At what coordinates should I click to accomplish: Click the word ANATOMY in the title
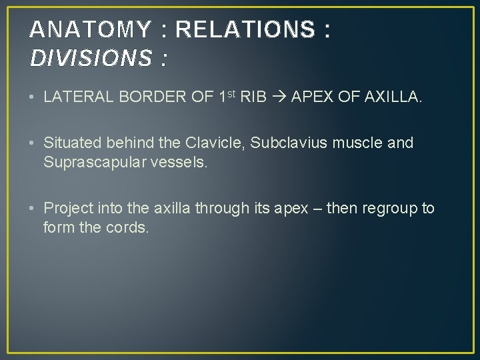pyautogui.click(x=91, y=29)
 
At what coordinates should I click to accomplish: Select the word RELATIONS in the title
pyautogui.click(x=245, y=29)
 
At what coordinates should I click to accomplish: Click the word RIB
pyautogui.click(x=253, y=97)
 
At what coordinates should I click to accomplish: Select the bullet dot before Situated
pyautogui.click(x=33, y=143)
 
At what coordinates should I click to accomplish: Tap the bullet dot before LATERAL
pyautogui.click(x=33, y=98)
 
